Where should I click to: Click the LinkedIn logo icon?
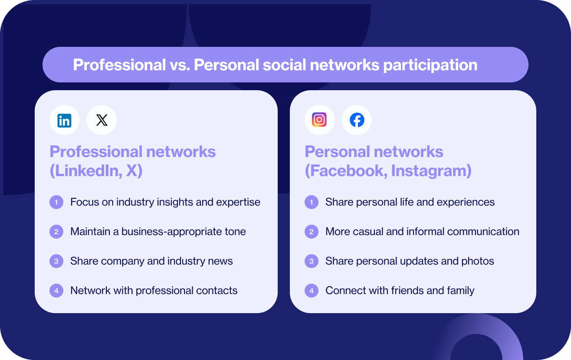pos(64,120)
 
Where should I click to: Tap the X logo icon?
pos(102,120)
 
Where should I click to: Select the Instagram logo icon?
pos(319,120)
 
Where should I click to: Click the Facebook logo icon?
pos(357,120)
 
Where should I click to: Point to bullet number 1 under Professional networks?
pos(56,202)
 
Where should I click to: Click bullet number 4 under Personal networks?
pos(312,291)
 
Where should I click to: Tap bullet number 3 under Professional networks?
pos(56,261)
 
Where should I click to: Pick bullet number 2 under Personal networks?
pos(312,232)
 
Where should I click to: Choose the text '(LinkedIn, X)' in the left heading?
pos(96,171)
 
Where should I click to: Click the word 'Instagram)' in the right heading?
pos(431,171)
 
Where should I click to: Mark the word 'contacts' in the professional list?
pos(220,291)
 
